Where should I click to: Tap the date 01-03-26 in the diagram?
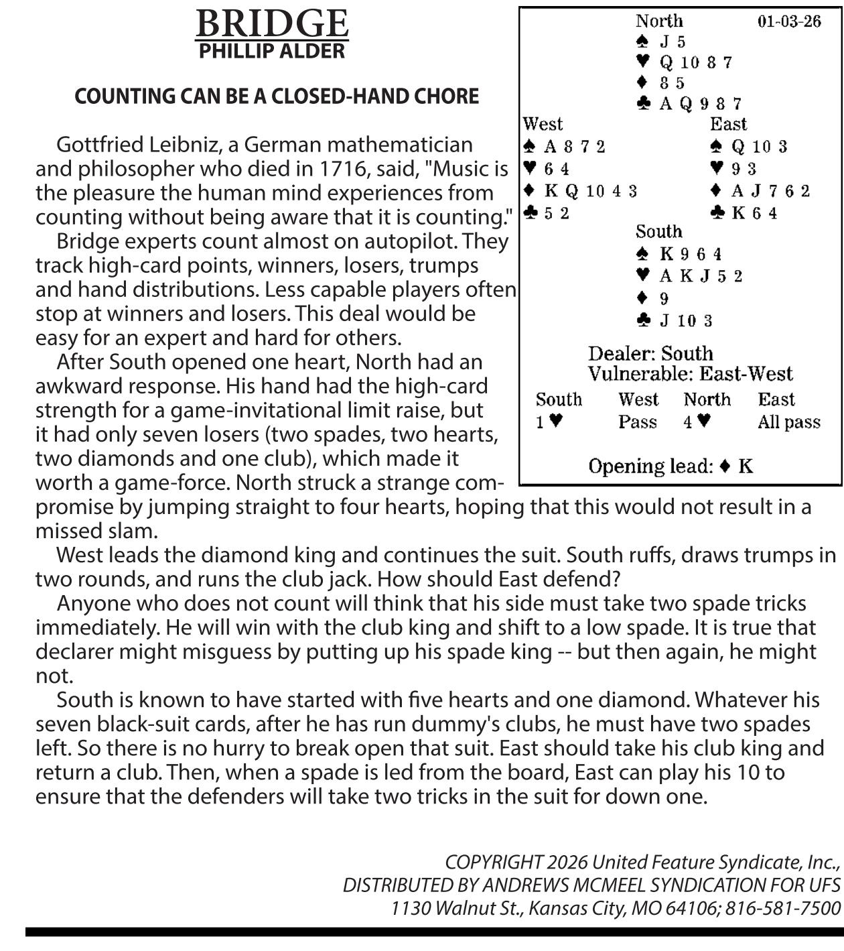tap(788, 21)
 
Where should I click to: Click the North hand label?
tap(659, 21)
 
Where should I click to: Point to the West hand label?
tap(543, 124)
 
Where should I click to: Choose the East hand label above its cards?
tap(728, 124)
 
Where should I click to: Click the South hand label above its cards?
tap(659, 232)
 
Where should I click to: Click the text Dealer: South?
tap(650, 353)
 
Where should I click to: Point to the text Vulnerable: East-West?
tap(690, 373)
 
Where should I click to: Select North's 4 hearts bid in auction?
tap(697, 422)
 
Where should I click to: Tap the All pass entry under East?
tap(788, 422)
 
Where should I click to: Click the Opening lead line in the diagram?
tap(671, 466)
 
